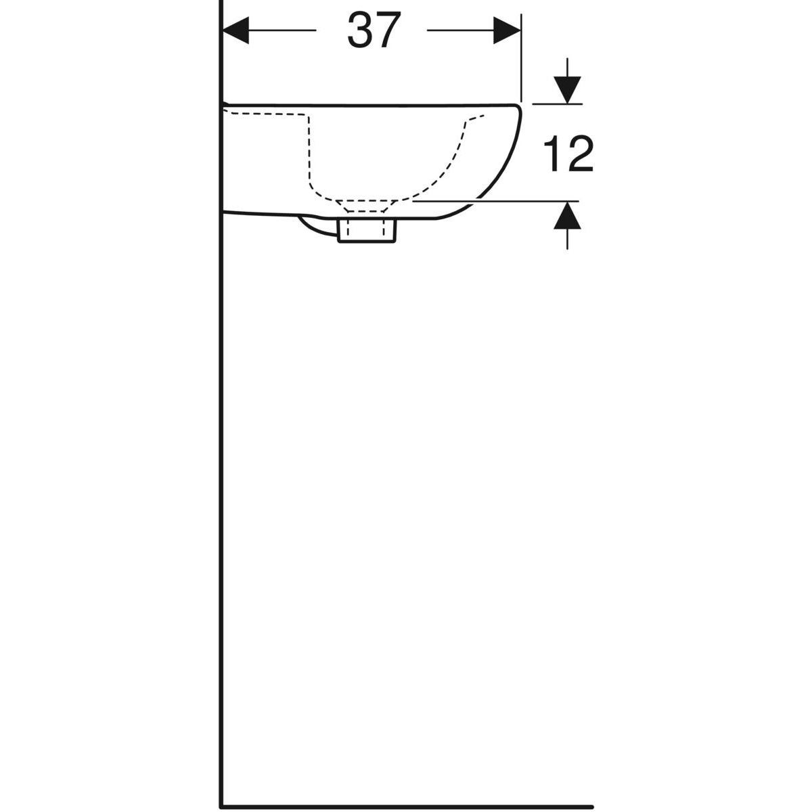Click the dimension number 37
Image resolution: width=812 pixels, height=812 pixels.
tap(373, 30)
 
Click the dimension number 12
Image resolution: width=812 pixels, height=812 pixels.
tap(568, 154)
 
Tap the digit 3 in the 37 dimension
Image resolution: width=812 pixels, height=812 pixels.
tap(359, 30)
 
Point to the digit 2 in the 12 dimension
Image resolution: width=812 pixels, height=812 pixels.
tap(581, 154)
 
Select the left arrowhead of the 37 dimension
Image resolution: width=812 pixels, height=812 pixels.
tap(235, 30)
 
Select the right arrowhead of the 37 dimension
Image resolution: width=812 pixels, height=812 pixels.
tap(507, 30)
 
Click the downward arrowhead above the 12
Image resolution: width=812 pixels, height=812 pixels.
tap(567, 90)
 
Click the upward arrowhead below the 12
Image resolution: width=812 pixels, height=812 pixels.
tap(567, 215)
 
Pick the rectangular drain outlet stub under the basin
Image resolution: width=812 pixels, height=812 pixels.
tap(367, 231)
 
